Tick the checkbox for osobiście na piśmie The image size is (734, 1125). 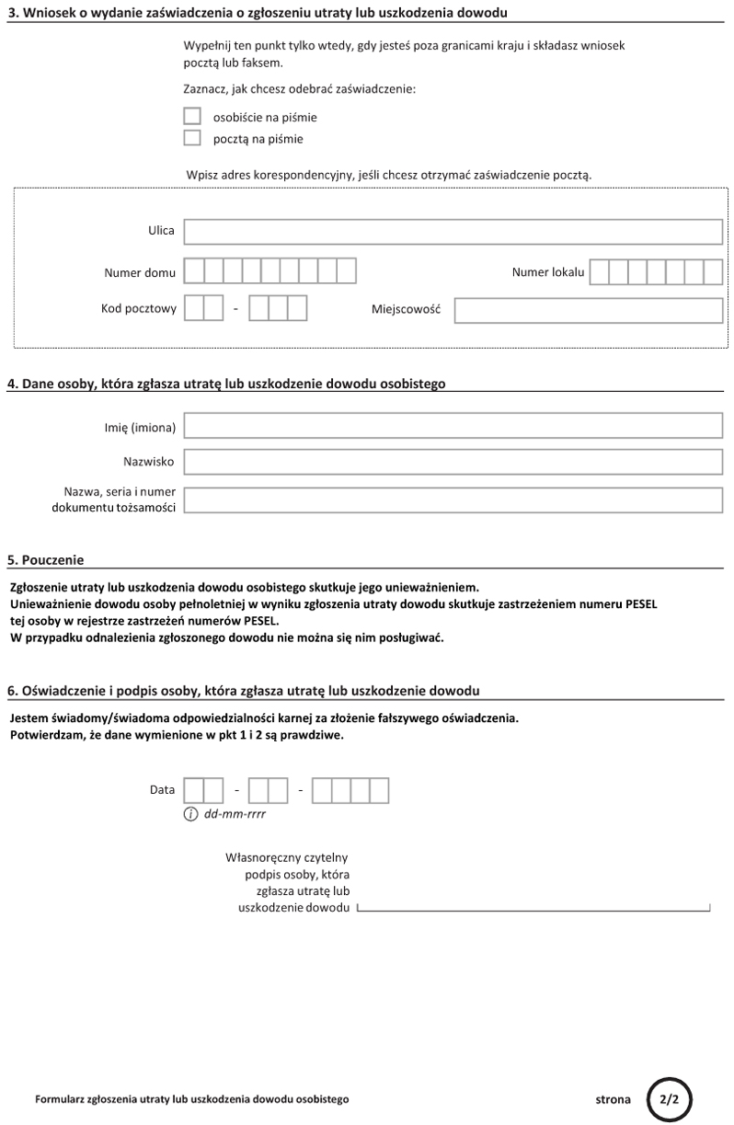tap(192, 117)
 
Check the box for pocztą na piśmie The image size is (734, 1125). tap(192, 139)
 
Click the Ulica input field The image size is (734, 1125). tap(453, 231)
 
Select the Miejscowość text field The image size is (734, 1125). tap(588, 310)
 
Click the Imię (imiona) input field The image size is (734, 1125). tap(453, 425)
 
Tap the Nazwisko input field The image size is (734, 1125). tap(453, 462)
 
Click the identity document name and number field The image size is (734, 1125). tap(453, 499)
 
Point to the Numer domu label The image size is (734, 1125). tap(140, 272)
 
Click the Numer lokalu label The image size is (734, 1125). tap(548, 272)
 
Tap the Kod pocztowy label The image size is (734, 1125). tap(139, 309)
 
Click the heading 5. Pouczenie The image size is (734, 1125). tap(46, 559)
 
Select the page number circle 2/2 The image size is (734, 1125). tap(669, 1098)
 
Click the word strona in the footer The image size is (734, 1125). tap(614, 1099)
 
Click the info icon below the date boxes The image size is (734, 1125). tap(191, 814)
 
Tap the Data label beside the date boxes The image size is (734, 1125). tap(162, 790)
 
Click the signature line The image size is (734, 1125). tap(533, 910)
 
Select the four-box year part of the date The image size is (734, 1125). tap(350, 790)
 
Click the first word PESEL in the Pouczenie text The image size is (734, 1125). tap(641, 603)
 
